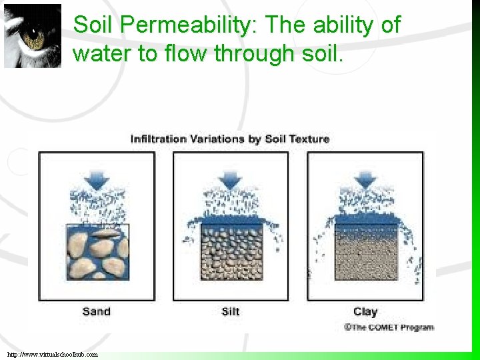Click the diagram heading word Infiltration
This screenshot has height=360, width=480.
(158, 139)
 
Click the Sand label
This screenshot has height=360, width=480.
(96, 311)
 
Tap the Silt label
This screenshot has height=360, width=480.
(231, 311)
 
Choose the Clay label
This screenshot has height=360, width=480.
(365, 311)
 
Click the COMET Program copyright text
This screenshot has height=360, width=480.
(389, 327)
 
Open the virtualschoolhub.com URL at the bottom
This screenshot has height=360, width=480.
(53, 355)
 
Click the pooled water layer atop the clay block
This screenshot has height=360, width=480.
(365, 219)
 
